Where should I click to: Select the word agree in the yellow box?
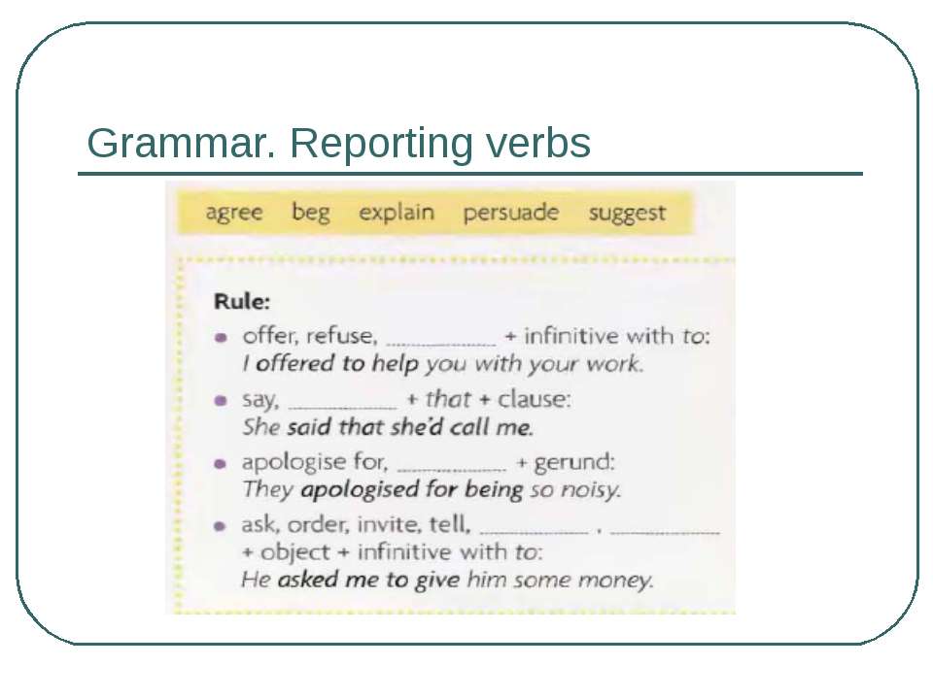[x=234, y=213]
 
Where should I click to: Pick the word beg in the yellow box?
[x=311, y=213]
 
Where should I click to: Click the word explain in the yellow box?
[x=397, y=213]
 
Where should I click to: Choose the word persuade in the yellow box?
[x=511, y=213]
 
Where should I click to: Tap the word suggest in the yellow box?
[x=627, y=214]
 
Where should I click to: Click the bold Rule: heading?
[x=242, y=301]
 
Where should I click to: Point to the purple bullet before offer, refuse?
[x=221, y=338]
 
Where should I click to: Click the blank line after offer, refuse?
[x=441, y=344]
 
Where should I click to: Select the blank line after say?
[x=343, y=408]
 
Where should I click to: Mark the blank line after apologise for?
[x=452, y=470]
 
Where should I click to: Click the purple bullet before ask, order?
[x=220, y=526]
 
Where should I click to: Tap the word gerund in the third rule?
[x=574, y=462]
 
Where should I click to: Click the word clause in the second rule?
[x=534, y=399]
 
